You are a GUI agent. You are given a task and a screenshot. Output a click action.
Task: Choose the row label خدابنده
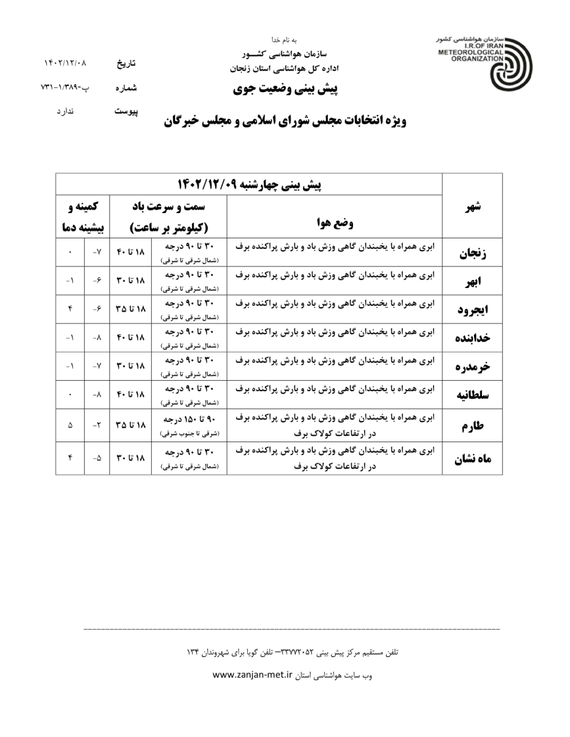(472, 338)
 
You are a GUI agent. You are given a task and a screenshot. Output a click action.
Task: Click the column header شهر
(472, 206)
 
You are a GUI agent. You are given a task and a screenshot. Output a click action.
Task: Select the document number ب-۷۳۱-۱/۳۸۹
(65, 88)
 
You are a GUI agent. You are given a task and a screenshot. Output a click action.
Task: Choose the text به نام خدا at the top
(285, 40)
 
